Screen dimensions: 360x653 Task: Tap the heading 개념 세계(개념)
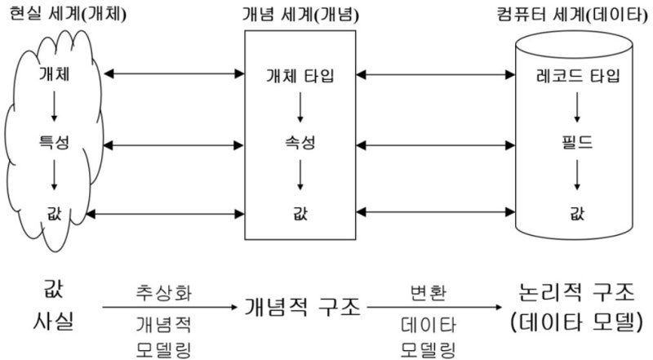(x=300, y=15)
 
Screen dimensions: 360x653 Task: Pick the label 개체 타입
(x=300, y=76)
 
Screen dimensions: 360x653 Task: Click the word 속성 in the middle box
(x=300, y=144)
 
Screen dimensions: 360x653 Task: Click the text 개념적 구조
(x=301, y=308)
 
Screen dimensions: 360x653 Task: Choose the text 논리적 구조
(x=575, y=292)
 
